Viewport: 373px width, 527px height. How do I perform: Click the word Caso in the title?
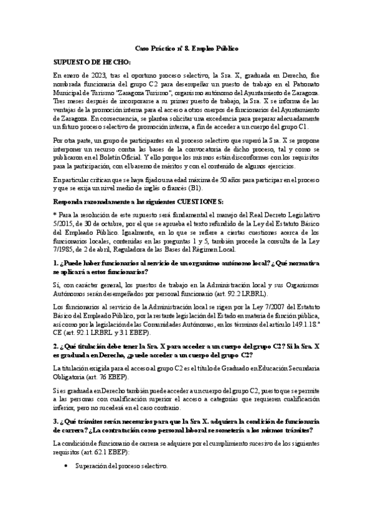coord(143,48)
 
